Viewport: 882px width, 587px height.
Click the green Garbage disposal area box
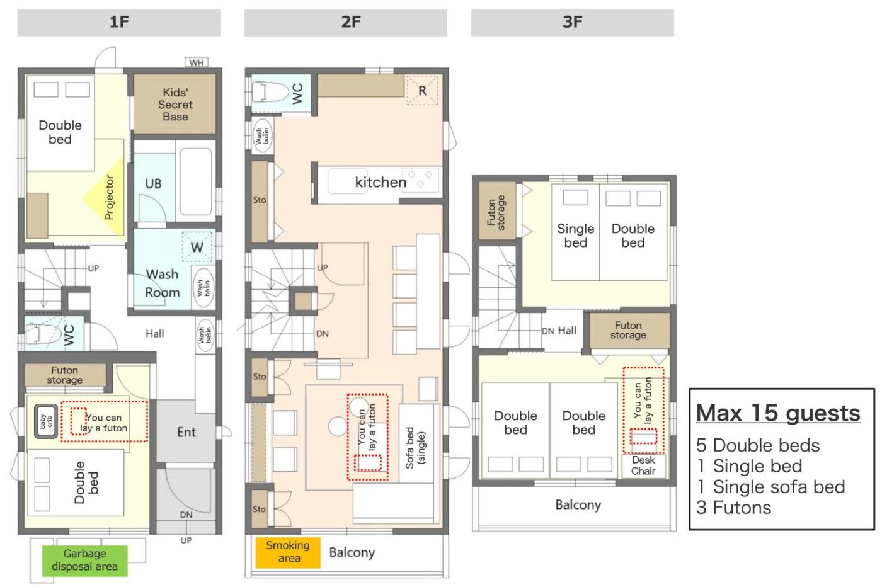84,561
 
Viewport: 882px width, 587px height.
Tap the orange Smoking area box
288,552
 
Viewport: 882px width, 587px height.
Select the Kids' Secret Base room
175,105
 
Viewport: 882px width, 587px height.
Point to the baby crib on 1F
45,421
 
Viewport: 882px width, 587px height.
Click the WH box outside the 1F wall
197,62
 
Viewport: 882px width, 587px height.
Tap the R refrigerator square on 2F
422,91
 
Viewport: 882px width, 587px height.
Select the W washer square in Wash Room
197,247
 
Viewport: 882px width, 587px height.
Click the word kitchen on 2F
381,182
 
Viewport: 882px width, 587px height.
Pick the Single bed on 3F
575,232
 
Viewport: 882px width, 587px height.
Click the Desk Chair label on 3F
643,465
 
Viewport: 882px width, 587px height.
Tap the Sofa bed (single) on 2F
416,443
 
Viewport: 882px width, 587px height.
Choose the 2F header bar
345,23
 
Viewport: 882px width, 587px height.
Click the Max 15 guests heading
778,413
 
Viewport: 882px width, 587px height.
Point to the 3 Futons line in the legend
733,508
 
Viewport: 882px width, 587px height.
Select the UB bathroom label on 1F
153,183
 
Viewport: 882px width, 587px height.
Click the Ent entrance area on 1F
186,431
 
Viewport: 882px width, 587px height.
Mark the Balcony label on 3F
578,504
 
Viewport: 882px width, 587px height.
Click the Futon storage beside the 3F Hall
629,331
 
